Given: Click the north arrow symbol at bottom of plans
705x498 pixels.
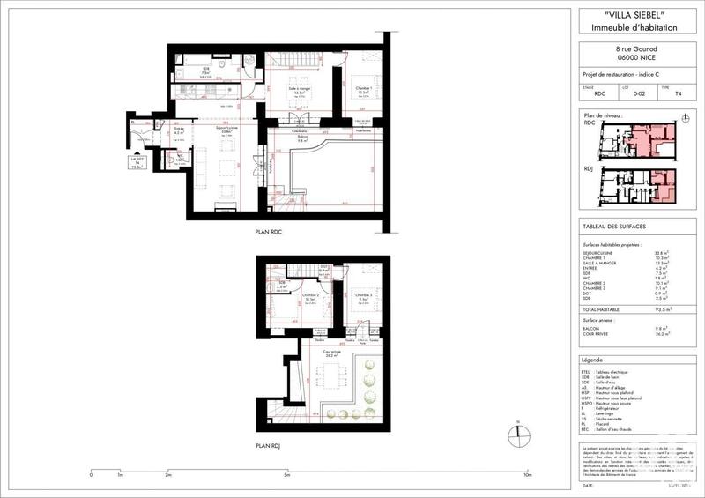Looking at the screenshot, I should tap(518, 433).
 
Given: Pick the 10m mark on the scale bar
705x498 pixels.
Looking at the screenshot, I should tap(526, 474).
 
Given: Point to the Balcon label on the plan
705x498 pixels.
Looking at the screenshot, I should tap(301, 137).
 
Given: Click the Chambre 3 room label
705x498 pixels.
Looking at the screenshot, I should tap(362, 294).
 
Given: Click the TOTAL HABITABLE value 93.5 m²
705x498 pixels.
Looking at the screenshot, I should tap(671, 310).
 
